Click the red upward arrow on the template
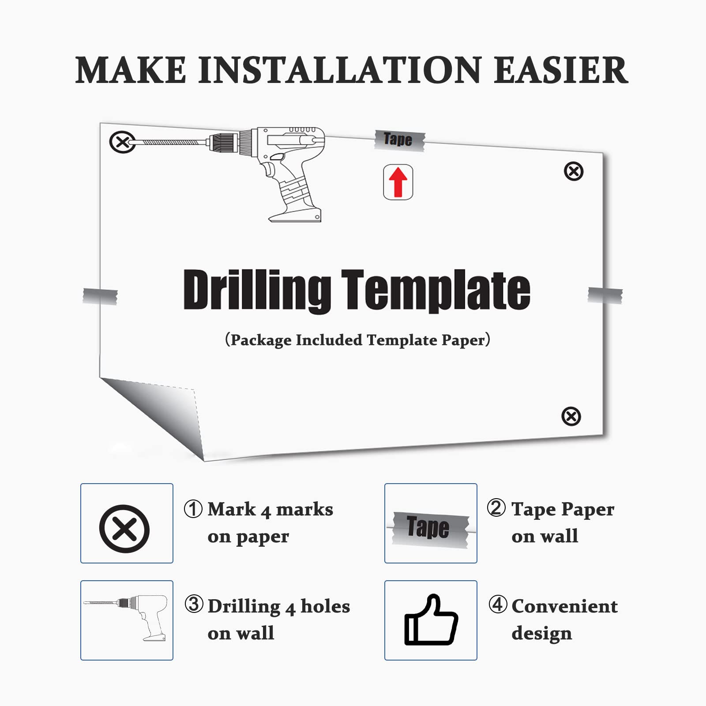[x=398, y=182]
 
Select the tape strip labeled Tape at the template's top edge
[x=400, y=141]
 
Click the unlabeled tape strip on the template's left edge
[x=100, y=296]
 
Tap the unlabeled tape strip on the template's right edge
[x=605, y=295]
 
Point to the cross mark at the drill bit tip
[x=122, y=142]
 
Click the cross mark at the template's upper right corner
[x=574, y=171]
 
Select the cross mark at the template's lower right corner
[x=571, y=416]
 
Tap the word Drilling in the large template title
[x=257, y=291]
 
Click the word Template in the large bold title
[x=436, y=291]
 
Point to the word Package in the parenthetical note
[x=261, y=340]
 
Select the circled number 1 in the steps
[x=193, y=509]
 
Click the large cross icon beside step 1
[x=124, y=529]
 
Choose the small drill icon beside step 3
[x=126, y=617]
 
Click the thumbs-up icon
[x=431, y=620]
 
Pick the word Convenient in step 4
[x=564, y=606]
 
